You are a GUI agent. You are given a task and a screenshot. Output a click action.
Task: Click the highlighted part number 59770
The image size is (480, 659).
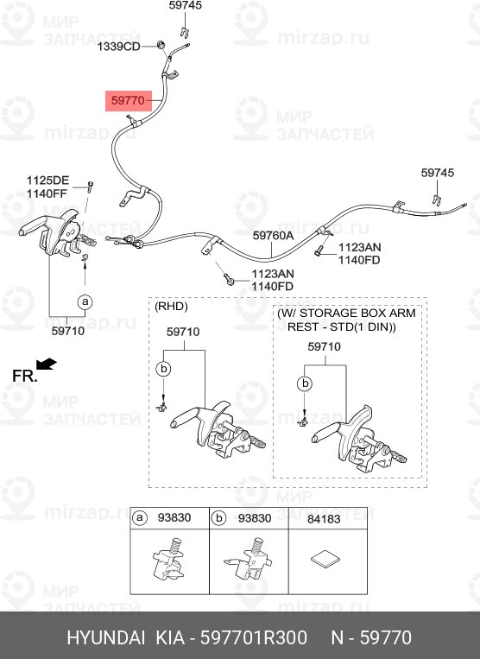click(x=128, y=101)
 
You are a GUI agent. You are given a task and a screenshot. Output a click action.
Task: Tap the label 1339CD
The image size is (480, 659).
click(x=119, y=47)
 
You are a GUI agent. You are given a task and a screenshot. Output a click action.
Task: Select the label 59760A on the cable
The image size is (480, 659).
click(x=273, y=235)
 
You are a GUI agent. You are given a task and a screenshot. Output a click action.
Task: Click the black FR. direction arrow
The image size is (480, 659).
click(x=47, y=364)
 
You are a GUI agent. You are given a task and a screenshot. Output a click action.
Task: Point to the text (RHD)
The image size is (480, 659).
click(x=171, y=306)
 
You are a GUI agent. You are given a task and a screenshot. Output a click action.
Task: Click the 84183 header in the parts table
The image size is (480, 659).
click(x=324, y=519)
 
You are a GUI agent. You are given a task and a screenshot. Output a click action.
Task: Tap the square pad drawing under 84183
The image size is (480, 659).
click(x=325, y=560)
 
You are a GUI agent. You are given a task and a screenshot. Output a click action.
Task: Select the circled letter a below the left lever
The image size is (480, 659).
click(x=85, y=301)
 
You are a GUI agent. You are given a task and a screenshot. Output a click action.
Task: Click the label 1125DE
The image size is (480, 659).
click(x=47, y=181)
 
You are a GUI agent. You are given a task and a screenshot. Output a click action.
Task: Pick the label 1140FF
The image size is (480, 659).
click(x=47, y=193)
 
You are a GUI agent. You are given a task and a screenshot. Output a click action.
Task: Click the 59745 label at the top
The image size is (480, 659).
click(x=186, y=5)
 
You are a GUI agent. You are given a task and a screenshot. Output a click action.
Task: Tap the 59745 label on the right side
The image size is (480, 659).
click(x=438, y=173)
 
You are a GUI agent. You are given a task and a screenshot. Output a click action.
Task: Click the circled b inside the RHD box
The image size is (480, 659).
click(x=163, y=369)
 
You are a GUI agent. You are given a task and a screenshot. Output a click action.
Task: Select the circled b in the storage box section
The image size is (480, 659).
click(x=305, y=383)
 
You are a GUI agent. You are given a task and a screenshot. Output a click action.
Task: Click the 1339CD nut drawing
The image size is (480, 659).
click(x=160, y=44)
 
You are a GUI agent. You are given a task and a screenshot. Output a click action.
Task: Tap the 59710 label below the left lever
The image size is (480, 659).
click(x=68, y=331)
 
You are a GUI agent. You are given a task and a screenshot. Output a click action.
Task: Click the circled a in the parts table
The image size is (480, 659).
click(x=139, y=518)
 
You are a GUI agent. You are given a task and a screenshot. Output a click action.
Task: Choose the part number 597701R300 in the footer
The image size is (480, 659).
click(x=254, y=638)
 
